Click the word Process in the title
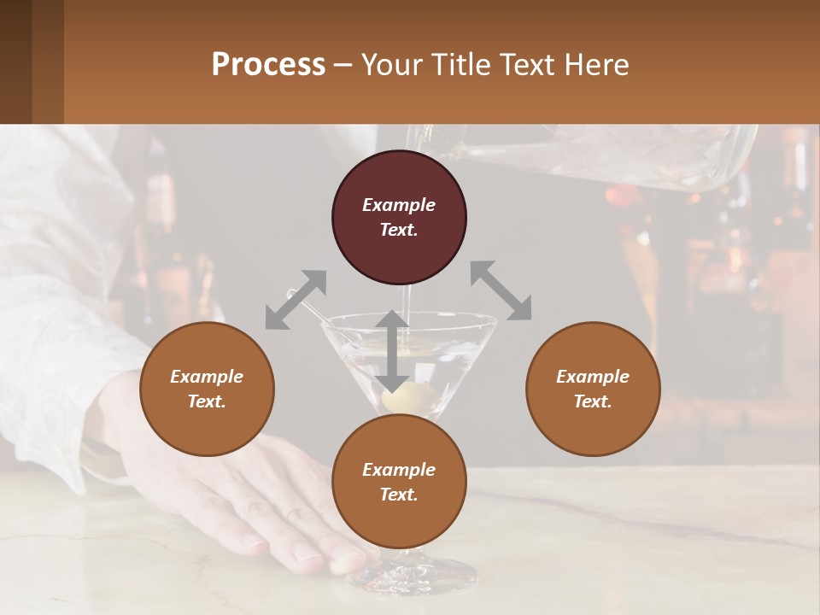[x=268, y=65]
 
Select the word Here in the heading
[x=598, y=65]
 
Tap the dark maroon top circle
[x=399, y=217]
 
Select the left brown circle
[x=207, y=389]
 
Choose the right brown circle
[x=593, y=389]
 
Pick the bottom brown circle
[x=399, y=482]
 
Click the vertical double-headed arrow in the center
[x=392, y=351]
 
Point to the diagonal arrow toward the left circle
[x=296, y=300]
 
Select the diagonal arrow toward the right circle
[x=501, y=290]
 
